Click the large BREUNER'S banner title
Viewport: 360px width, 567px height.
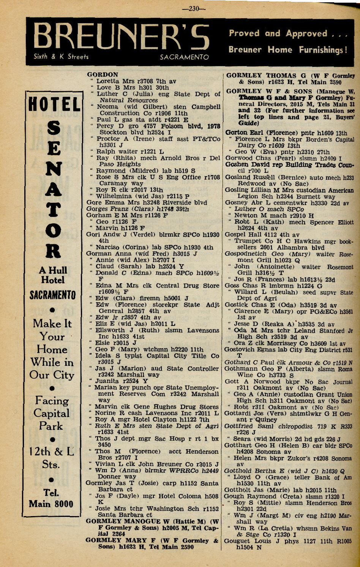pos(122,38)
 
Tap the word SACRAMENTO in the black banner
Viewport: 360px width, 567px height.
pos(184,57)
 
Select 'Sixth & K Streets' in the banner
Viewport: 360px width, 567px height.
pos(61,57)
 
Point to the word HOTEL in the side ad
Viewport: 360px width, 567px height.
pos(54,104)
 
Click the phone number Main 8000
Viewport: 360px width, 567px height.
pos(51,504)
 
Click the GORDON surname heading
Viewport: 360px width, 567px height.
pos(102,74)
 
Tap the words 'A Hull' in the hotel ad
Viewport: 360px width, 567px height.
pos(53,270)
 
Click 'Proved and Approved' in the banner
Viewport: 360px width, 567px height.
pos(278,33)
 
